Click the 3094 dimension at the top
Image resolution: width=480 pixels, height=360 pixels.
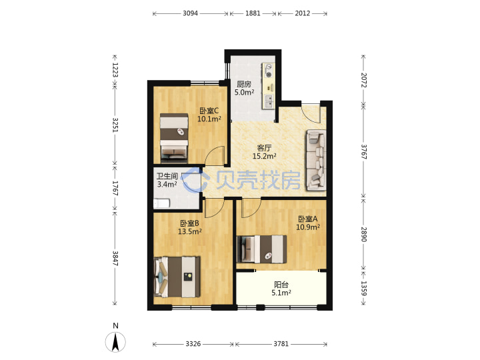point(190,13)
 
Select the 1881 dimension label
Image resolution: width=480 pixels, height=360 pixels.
point(253,13)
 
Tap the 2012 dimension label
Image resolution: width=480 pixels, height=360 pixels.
point(303,13)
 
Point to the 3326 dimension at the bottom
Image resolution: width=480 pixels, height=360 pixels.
point(193,344)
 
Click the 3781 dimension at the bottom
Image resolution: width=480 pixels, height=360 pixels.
point(281,344)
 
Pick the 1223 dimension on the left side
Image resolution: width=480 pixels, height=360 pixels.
point(115,70)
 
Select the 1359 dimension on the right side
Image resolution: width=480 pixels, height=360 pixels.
point(363,289)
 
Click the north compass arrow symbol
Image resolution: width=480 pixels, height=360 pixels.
point(115,342)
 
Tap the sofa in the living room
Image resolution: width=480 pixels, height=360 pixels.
point(316,159)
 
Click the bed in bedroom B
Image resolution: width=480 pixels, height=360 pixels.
point(177,277)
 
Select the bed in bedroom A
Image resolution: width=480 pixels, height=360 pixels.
point(262,249)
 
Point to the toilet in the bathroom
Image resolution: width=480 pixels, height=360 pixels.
point(161,203)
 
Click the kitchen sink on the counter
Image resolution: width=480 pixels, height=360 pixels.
point(269,101)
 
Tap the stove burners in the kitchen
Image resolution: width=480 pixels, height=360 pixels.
point(269,71)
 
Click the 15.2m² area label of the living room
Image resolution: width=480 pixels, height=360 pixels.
point(264,156)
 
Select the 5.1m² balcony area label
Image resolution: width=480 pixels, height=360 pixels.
point(281,293)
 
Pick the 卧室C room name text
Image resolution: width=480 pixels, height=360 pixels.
point(209,111)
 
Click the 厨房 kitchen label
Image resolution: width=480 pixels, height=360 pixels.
point(244,84)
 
